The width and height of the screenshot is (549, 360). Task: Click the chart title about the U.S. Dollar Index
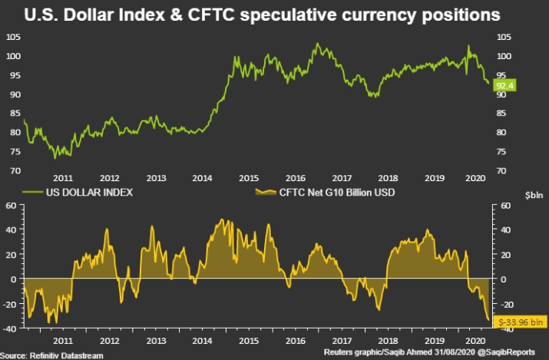274,15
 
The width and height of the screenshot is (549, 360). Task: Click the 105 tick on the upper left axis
13,37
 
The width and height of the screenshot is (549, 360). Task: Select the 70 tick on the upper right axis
501,170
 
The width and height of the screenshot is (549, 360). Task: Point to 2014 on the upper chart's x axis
201,177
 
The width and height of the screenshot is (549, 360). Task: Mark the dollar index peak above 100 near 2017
316,44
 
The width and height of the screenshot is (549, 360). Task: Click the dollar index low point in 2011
55,157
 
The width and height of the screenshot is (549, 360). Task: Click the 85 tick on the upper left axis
13,113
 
